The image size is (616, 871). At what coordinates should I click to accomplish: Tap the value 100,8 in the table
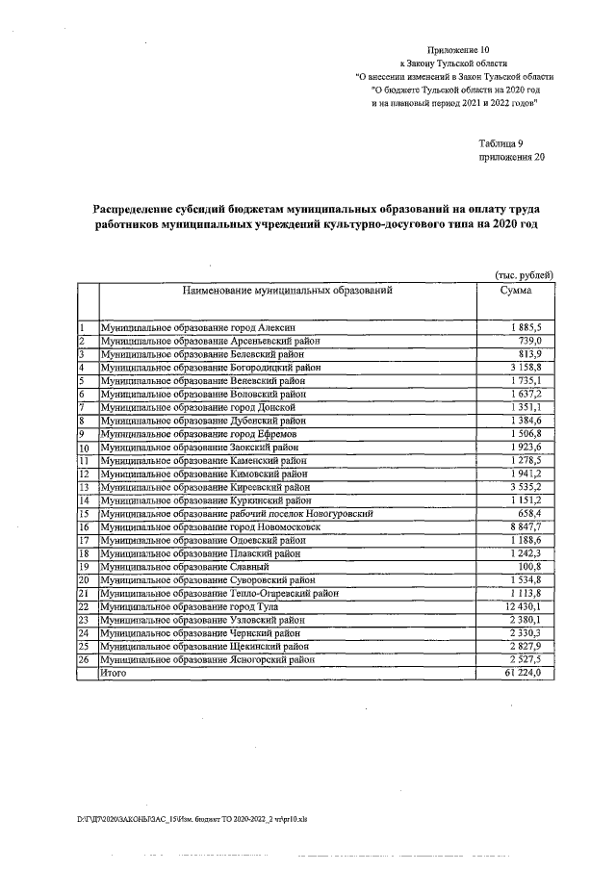532,568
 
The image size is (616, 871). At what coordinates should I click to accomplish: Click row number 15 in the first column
84,515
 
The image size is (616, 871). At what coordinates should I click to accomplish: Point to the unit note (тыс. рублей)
524,274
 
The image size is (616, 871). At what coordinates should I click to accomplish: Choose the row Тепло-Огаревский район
218,594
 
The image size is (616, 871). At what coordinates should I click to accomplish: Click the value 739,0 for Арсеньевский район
532,342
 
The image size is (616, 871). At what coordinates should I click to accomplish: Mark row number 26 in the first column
84,661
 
